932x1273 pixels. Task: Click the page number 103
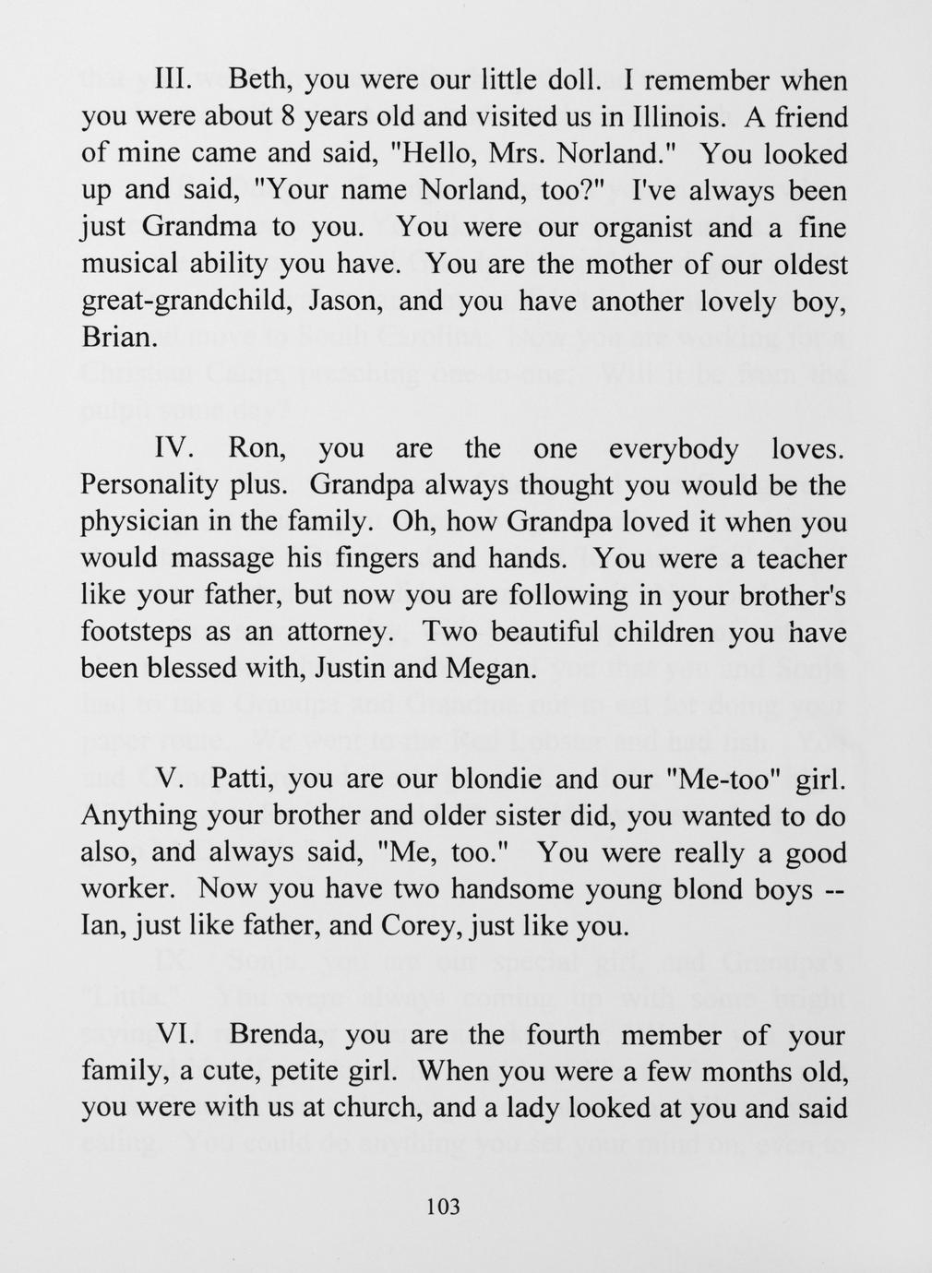click(x=444, y=1206)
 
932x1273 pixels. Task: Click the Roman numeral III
click(x=172, y=80)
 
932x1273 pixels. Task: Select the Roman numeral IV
click(x=173, y=448)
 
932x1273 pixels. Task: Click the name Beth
click(x=260, y=81)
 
